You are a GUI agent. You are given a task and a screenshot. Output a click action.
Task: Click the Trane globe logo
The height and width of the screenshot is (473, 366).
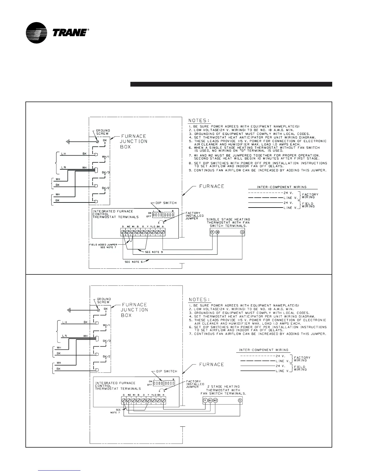pyautogui.click(x=36, y=33)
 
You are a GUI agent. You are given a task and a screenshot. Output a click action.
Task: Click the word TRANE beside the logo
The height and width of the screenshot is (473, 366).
pyautogui.click(x=70, y=33)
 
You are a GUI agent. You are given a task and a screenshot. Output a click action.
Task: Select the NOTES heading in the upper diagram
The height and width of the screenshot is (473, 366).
pyautogui.click(x=199, y=121)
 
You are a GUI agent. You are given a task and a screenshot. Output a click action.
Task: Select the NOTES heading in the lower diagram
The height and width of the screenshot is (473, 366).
pyautogui.click(x=199, y=300)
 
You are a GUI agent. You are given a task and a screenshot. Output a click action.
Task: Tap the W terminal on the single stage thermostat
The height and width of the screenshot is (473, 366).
pyautogui.click(x=217, y=232)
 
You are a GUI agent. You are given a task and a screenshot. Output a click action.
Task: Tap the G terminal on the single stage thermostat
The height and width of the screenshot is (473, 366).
pyautogui.click(x=242, y=232)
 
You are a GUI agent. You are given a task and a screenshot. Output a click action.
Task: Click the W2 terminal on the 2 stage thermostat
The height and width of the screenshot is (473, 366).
pyautogui.click(x=216, y=400)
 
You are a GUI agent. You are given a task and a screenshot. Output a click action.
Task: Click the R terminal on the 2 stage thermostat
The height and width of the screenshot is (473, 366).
pyautogui.click(x=205, y=400)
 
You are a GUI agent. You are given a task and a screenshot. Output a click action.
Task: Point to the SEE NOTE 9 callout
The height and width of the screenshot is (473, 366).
pyautogui.click(x=154, y=252)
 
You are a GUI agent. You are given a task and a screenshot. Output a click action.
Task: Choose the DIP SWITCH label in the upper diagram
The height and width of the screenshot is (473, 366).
pyautogui.click(x=168, y=203)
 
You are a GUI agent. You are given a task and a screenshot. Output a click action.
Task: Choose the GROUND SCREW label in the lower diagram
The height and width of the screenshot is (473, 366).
pyautogui.click(x=104, y=300)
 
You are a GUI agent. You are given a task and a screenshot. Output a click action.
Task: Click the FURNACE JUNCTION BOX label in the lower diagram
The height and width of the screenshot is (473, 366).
pyautogui.click(x=134, y=310)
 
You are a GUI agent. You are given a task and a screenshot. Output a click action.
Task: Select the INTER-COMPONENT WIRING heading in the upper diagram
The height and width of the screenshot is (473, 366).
pyautogui.click(x=282, y=187)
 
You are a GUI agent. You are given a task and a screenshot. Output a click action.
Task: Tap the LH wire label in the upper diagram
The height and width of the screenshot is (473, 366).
pyautogui.click(x=63, y=154)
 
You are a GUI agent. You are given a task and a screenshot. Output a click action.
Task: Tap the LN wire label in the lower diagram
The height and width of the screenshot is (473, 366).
pyautogui.click(x=64, y=336)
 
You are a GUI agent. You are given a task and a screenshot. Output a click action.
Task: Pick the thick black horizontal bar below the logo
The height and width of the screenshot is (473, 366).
pyautogui.click(x=231, y=84)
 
